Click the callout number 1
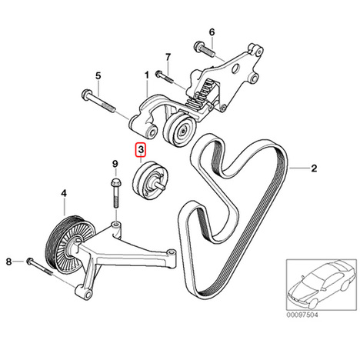pos(147,75)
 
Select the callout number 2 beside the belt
pos(314,168)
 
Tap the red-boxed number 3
pos(141,150)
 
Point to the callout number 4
pos(64,193)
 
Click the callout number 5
pos(98,76)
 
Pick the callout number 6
pos(212,32)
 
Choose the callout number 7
pos(168,58)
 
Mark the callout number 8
pos(9,262)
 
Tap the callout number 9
pos(115,163)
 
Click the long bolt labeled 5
pos(98,101)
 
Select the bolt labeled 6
pos(205,50)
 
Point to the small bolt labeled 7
pos(165,76)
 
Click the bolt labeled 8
pos(39,267)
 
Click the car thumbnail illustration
pos(321,285)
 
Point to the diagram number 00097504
pos(302,315)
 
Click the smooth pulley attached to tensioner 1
pos(179,129)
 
